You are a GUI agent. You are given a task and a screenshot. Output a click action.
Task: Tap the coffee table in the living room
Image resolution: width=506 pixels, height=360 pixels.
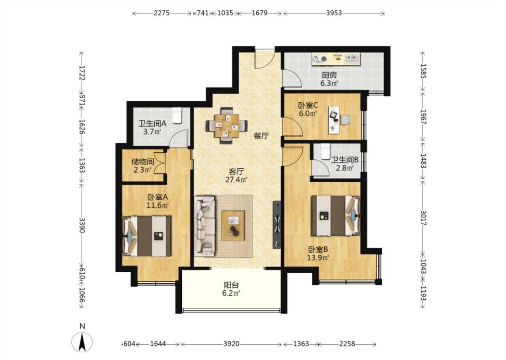click(233, 225)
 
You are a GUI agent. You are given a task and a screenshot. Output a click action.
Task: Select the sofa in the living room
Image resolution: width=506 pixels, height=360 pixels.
click(205, 226)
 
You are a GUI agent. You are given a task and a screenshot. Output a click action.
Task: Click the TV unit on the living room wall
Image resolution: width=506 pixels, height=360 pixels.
click(277, 225)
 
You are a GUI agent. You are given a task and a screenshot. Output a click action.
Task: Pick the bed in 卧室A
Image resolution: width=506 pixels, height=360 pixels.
click(147, 236)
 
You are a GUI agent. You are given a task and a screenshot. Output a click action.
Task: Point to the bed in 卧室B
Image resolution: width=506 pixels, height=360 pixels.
click(336, 216)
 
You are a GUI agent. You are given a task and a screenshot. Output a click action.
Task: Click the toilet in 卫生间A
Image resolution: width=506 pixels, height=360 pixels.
click(177, 115)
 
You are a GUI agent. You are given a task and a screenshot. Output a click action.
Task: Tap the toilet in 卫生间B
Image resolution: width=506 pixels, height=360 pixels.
click(325, 151)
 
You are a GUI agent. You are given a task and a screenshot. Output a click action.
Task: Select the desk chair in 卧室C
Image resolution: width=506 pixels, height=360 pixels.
click(345, 119)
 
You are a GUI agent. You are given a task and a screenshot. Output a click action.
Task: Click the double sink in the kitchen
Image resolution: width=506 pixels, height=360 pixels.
click(352, 59)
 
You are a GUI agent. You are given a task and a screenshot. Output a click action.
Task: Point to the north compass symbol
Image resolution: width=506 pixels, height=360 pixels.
click(82, 341)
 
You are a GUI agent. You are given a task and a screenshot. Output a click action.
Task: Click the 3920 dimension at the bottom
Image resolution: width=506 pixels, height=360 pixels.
click(231, 344)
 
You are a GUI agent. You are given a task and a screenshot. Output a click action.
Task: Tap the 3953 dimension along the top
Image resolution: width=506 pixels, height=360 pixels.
click(334, 13)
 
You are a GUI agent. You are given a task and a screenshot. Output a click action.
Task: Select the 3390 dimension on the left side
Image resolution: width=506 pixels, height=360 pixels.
click(82, 225)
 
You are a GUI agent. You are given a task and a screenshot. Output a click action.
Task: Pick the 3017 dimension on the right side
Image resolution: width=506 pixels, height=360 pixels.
click(423, 218)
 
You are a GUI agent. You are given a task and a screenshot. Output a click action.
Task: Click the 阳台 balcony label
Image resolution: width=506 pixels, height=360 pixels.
click(231, 285)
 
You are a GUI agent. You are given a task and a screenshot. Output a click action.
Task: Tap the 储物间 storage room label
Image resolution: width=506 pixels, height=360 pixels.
click(143, 162)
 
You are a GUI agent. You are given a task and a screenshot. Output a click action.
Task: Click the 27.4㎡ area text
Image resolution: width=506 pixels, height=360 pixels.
click(236, 180)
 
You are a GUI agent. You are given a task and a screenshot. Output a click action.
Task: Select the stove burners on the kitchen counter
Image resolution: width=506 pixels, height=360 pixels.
click(320, 59)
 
